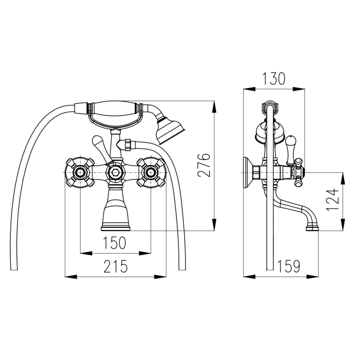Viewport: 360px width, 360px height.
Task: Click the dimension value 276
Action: [x=204, y=165]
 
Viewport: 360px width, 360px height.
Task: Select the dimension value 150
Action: [x=115, y=243]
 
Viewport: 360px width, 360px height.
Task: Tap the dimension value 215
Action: [x=115, y=267]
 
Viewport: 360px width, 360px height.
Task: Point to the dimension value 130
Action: [x=274, y=78]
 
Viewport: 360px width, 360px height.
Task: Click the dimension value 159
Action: [x=289, y=266]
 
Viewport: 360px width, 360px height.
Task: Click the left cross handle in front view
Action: [x=79, y=171]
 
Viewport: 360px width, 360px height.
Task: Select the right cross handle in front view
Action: [x=151, y=171]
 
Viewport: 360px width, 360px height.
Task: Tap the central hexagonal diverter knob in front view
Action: [x=115, y=171]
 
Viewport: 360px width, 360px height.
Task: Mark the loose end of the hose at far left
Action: [x=14, y=268]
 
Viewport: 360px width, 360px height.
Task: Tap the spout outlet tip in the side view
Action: [x=311, y=227]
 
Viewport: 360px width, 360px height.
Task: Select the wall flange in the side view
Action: [x=247, y=172]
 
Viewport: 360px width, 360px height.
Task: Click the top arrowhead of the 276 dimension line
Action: [x=214, y=105]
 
